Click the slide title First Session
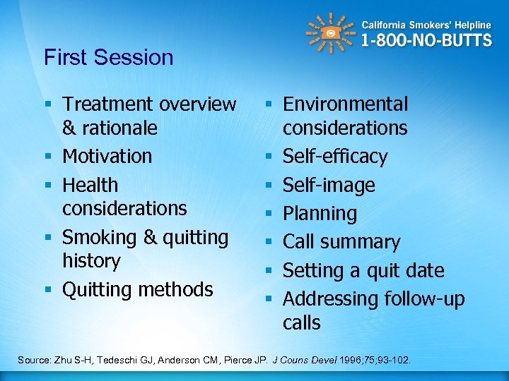pyautogui.click(x=108, y=57)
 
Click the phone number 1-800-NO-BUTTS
pyautogui.click(x=426, y=40)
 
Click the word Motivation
pyautogui.click(x=107, y=156)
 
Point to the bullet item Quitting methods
pyautogui.click(x=137, y=289)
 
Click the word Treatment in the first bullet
pyautogui.click(x=107, y=104)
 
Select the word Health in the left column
pyautogui.click(x=90, y=185)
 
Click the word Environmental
pyautogui.click(x=345, y=104)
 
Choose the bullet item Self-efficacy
pyautogui.click(x=335, y=156)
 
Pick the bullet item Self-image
pyautogui.click(x=329, y=185)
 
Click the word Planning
pyautogui.click(x=320, y=213)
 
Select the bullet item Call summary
pyautogui.click(x=341, y=242)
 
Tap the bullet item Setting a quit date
pyautogui.click(x=363, y=270)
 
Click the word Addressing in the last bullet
pyautogui.click(x=329, y=299)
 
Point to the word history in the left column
pyautogui.click(x=91, y=261)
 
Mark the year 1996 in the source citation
pyautogui.click(x=351, y=361)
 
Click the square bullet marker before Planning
pyautogui.click(x=271, y=212)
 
